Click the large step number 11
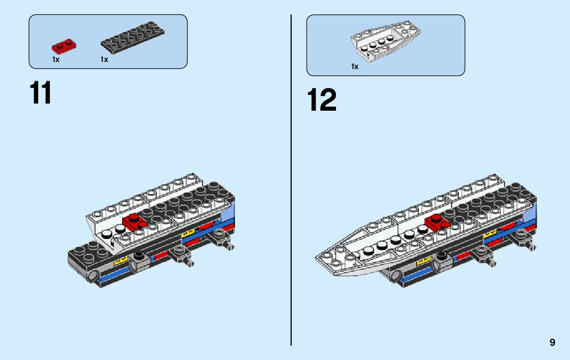click(x=41, y=93)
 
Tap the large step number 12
click(x=321, y=101)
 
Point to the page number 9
click(x=552, y=343)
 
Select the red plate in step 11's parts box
click(x=63, y=46)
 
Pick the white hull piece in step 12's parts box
click(x=386, y=43)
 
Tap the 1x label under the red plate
click(x=56, y=59)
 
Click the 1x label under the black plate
click(x=104, y=59)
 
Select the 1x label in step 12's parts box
click(x=355, y=67)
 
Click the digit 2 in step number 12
click(x=328, y=101)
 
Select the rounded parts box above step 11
click(x=108, y=41)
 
